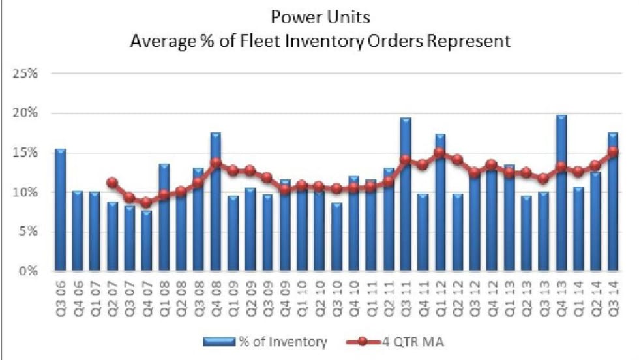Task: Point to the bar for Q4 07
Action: click(x=147, y=241)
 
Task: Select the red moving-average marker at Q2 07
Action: click(x=112, y=183)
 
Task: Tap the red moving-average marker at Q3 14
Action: click(x=613, y=152)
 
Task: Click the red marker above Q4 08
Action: click(x=216, y=162)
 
